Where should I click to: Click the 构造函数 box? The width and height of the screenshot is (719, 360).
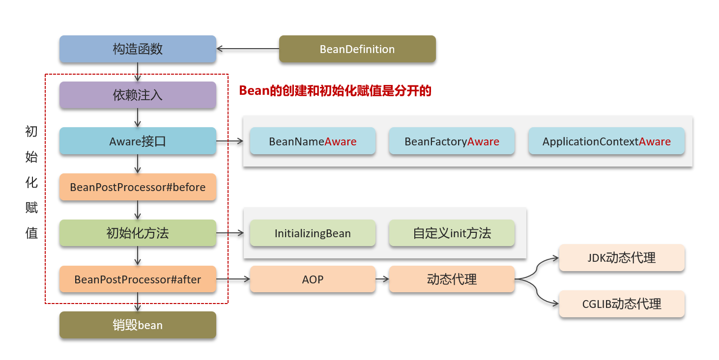pyautogui.click(x=138, y=49)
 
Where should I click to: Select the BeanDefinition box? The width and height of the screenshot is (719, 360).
pyautogui.click(x=357, y=49)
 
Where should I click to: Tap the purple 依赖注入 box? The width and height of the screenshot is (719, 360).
pyautogui.click(x=138, y=95)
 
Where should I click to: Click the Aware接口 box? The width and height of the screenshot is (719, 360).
pyautogui.click(x=138, y=141)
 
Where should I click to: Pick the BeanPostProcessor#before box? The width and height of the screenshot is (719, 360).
pyautogui.click(x=138, y=187)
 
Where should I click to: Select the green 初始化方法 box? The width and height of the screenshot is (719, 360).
pyautogui.click(x=138, y=233)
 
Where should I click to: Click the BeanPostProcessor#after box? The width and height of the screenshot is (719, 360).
pyautogui.click(x=138, y=279)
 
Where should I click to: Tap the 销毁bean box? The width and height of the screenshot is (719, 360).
pyautogui.click(x=138, y=325)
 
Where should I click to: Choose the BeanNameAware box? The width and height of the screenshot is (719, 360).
pyautogui.click(x=313, y=141)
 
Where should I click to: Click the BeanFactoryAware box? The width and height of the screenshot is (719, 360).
pyautogui.click(x=452, y=141)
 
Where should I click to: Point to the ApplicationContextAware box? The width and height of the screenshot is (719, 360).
pyautogui.click(x=606, y=141)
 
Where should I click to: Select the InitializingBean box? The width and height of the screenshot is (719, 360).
pyautogui.click(x=313, y=233)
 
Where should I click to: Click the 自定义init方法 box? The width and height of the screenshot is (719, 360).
pyautogui.click(x=452, y=233)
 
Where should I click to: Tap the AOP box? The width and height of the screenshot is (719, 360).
pyautogui.click(x=313, y=279)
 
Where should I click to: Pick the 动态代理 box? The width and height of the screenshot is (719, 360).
pyautogui.click(x=452, y=279)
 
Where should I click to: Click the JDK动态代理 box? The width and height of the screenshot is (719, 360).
pyautogui.click(x=622, y=258)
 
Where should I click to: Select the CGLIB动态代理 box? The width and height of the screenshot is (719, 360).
pyautogui.click(x=622, y=304)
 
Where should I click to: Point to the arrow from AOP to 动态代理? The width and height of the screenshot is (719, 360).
pyautogui.click(x=382, y=279)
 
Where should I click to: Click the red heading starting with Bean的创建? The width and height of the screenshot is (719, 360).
pyautogui.click(x=335, y=91)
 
